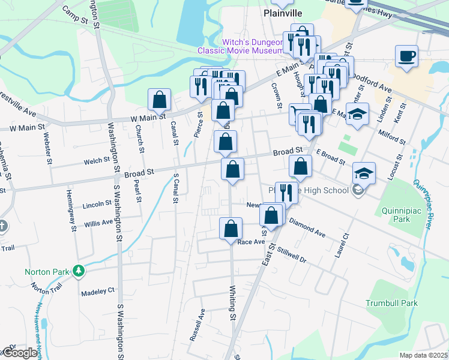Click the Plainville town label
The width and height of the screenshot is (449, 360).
pyautogui.click(x=283, y=13)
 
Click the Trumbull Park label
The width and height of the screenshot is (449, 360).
pyautogui.click(x=391, y=303)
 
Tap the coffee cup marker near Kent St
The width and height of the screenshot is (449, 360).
pyautogui.click(x=406, y=56)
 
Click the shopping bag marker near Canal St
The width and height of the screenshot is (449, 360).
pyautogui.click(x=159, y=100)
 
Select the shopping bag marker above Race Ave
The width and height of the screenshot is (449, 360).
pyautogui.click(x=231, y=229)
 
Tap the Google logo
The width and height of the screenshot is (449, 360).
pyautogui.click(x=20, y=353)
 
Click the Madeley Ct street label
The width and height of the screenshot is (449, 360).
pyautogui.click(x=97, y=290)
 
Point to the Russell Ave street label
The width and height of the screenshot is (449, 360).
pyautogui.click(x=197, y=325)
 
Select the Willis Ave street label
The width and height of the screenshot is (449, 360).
pyautogui.click(x=98, y=223)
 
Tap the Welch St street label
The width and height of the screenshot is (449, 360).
pyautogui.click(x=97, y=160)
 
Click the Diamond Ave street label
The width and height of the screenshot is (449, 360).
pyautogui.click(x=307, y=227)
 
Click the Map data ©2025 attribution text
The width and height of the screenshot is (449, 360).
pyautogui.click(x=423, y=355)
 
